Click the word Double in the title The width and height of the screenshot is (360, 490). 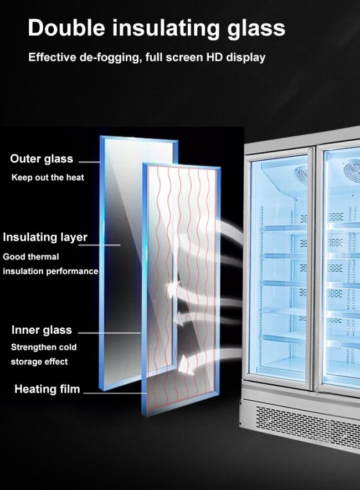66,28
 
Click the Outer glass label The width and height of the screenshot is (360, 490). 42,159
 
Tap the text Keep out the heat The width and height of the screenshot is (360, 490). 48,177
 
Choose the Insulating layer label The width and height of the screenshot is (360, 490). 45,237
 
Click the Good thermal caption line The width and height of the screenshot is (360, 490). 31,257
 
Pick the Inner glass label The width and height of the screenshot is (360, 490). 42,330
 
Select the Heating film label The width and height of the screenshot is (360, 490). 47,389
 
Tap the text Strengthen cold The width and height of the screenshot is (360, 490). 44,347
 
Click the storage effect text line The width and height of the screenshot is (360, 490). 39,361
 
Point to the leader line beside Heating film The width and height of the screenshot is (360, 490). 114,392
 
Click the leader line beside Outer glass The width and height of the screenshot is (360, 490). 90,162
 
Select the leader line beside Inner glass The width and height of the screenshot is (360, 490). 110,333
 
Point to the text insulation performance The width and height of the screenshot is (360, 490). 50,272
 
